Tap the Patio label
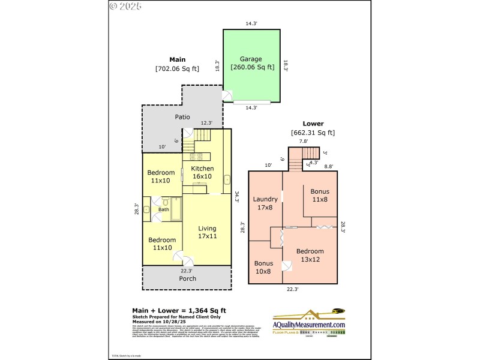point(182,117)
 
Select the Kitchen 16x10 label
point(202,173)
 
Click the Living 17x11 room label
point(207,232)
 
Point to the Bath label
point(163,209)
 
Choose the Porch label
point(187,278)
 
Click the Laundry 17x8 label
point(265,203)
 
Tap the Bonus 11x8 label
point(319,195)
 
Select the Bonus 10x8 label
point(263,267)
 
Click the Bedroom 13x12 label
point(310,255)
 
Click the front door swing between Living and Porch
point(184,259)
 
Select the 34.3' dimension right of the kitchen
point(237,197)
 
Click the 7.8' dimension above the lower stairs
point(304,142)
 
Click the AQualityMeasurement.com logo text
point(310,325)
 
